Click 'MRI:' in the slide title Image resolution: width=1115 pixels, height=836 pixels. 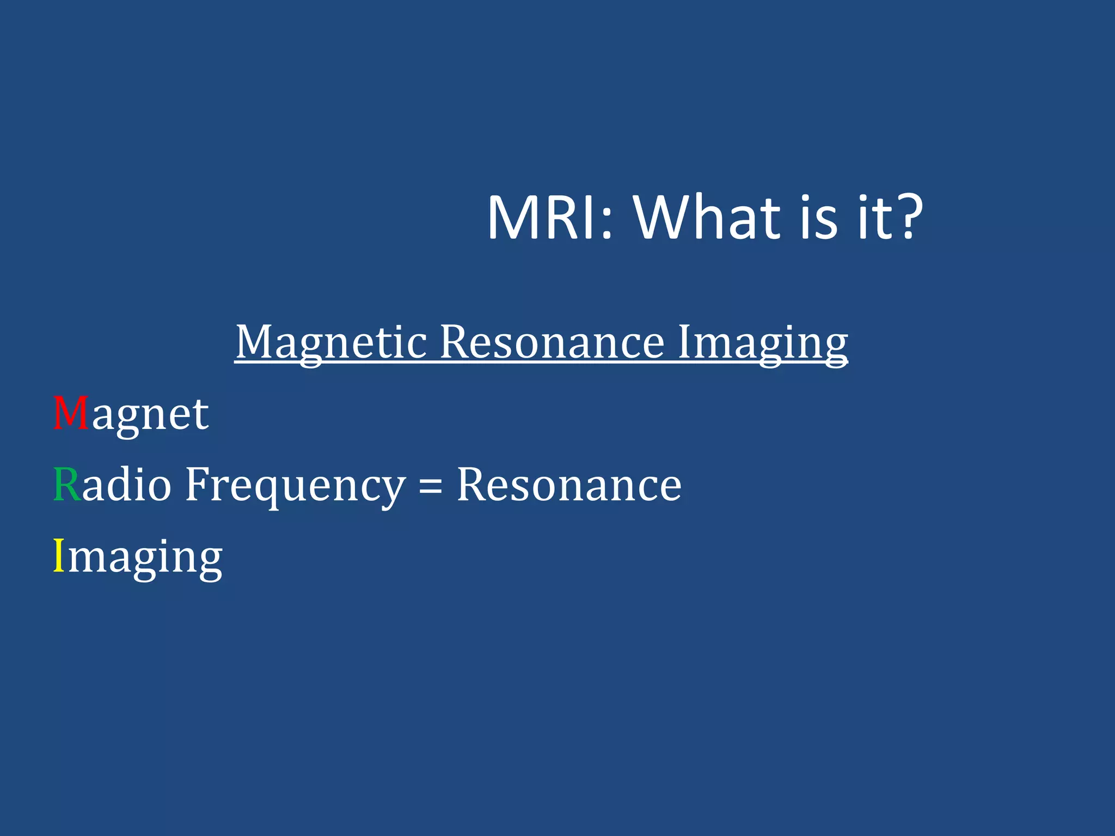click(550, 218)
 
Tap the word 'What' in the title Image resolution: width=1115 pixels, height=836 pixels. click(708, 218)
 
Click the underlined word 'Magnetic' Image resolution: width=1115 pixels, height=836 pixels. click(331, 343)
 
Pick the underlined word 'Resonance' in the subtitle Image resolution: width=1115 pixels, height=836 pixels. click(552, 343)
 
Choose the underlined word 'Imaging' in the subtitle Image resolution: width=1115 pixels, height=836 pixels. click(762, 343)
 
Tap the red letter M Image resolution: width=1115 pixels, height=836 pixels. click(71, 414)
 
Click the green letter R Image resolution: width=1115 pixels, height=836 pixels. click(67, 484)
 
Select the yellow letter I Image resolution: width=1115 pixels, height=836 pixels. click(59, 555)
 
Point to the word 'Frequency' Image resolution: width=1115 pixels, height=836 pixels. click(295, 485)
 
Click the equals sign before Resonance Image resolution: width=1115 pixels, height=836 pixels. click(430, 486)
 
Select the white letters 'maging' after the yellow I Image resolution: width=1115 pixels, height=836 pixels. click(145, 558)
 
